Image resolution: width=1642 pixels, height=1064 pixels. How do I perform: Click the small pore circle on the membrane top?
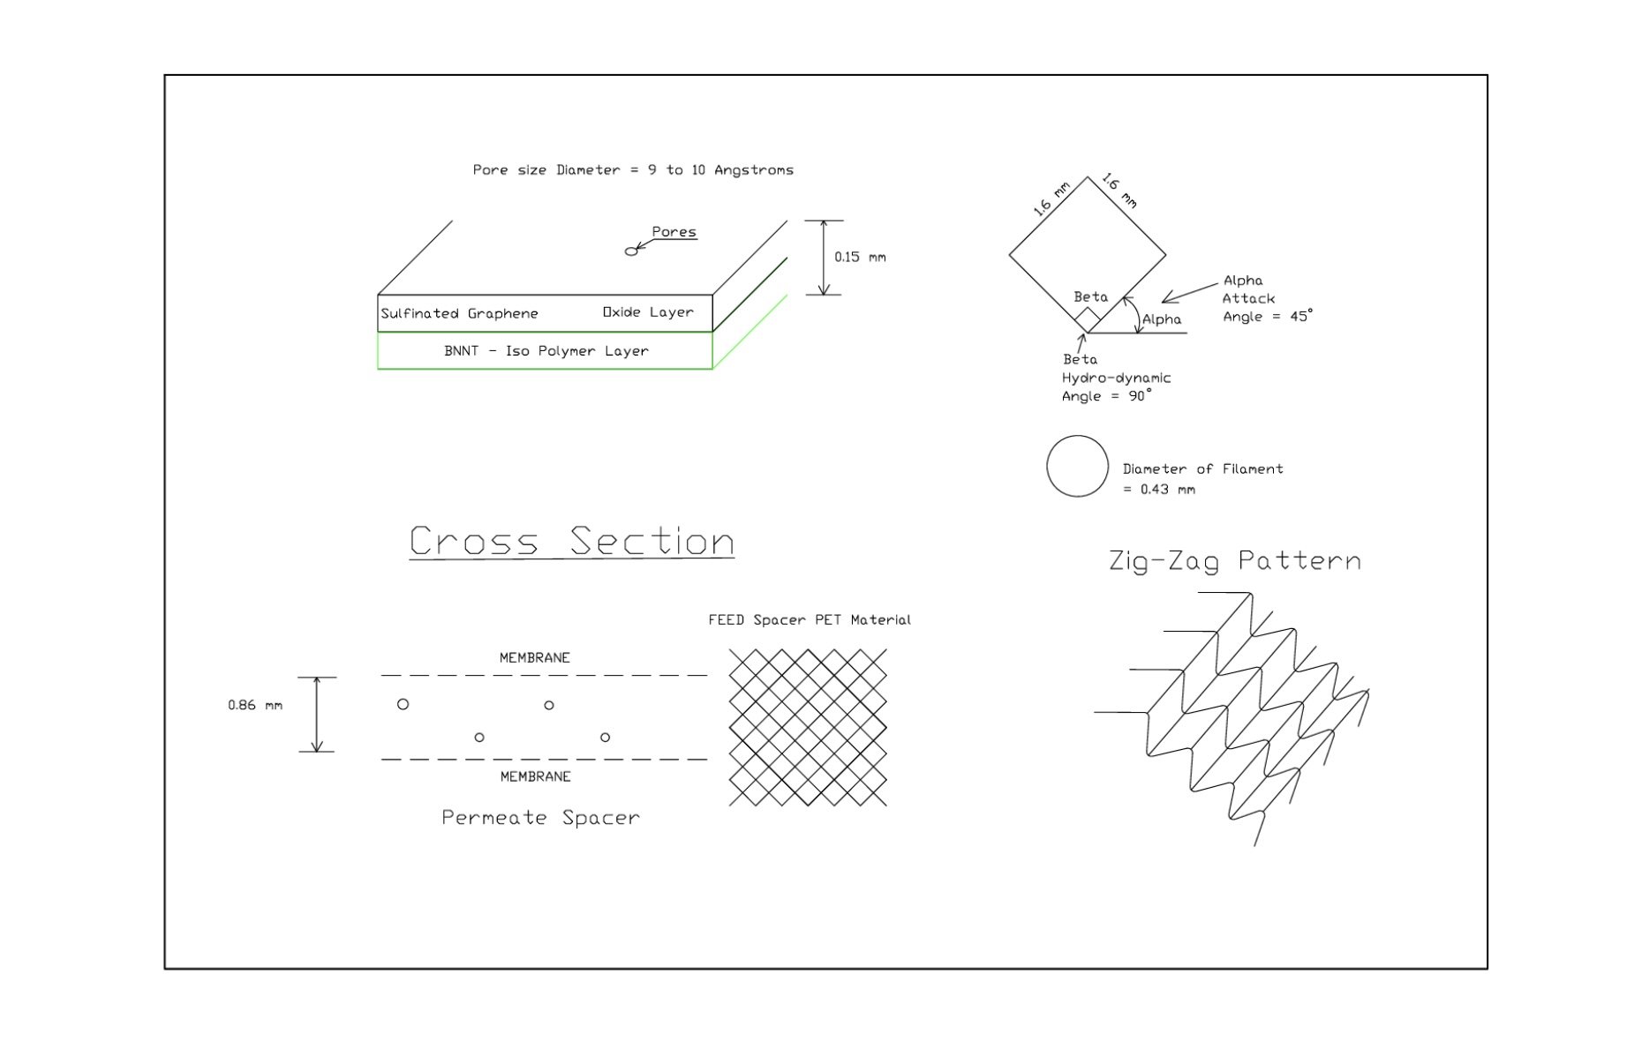click(630, 251)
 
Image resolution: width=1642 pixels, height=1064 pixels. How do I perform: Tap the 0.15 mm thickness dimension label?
click(859, 257)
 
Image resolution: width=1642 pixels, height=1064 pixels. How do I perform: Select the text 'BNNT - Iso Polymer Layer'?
click(546, 350)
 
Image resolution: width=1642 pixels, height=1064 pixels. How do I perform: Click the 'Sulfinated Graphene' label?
click(459, 313)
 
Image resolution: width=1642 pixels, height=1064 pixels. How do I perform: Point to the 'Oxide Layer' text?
click(648, 312)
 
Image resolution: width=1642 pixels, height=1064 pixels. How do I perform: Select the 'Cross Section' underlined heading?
click(571, 541)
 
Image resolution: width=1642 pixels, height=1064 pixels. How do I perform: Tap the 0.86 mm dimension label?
click(255, 705)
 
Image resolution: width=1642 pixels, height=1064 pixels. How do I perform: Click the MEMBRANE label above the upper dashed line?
click(535, 657)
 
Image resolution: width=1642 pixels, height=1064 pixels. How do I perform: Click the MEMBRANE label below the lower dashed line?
click(535, 776)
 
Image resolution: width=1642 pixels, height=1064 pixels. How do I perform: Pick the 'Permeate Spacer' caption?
click(540, 817)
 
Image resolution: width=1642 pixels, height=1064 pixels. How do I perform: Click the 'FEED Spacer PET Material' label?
click(809, 619)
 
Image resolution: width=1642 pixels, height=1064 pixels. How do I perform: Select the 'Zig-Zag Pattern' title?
click(1234, 560)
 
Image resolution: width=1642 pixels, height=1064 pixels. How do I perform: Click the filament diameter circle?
click(1077, 466)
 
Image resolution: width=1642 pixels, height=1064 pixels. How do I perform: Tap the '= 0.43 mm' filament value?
click(1158, 489)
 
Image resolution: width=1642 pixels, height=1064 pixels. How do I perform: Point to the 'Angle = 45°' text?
click(1267, 316)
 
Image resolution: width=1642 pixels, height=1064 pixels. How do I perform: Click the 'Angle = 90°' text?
click(1106, 396)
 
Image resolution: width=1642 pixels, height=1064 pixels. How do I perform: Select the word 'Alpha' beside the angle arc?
click(1161, 319)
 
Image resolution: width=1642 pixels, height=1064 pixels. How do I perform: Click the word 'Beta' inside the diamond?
click(1090, 296)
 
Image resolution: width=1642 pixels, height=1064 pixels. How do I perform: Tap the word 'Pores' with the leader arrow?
click(674, 232)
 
